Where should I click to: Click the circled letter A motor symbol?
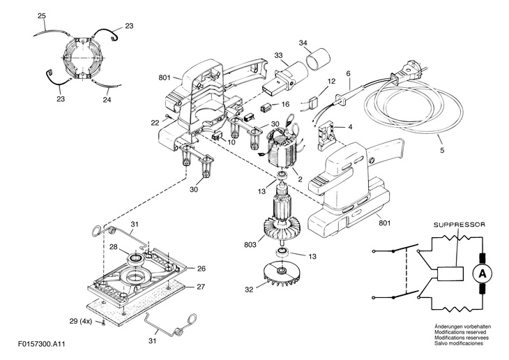coord(483,275)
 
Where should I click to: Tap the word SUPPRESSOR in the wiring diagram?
coord(459,225)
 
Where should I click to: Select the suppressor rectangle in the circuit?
coord(450,274)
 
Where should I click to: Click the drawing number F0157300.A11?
coord(42,344)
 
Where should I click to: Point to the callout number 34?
coord(303,43)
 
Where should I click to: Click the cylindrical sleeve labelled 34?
coord(318,59)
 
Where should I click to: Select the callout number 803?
coord(250,244)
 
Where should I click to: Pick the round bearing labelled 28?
coord(136,258)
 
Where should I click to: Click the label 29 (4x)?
coord(80,322)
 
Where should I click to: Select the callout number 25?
coord(42,15)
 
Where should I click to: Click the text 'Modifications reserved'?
coord(460,332)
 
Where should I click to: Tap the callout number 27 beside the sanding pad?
coord(201,287)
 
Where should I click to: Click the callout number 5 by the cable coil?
coord(442,150)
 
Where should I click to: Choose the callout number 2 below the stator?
coord(300,179)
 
